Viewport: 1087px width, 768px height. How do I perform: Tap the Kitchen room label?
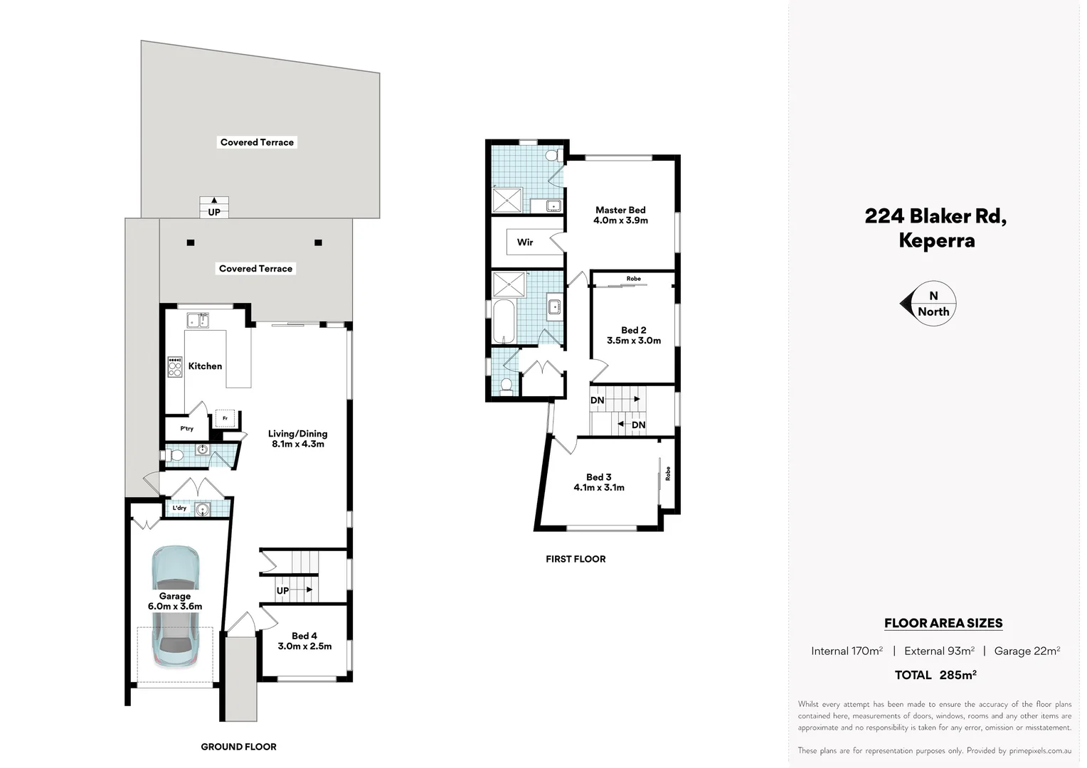tap(205, 366)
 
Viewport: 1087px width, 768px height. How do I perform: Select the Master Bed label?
tap(620, 210)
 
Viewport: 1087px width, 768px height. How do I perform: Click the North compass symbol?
tap(928, 304)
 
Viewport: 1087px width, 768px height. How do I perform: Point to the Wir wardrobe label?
tap(525, 242)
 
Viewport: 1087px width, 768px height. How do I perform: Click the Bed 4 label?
tap(304, 636)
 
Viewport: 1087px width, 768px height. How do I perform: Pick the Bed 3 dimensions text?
tap(599, 488)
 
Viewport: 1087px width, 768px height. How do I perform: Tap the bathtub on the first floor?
tap(504, 321)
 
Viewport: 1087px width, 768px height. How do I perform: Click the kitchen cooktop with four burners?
tap(174, 367)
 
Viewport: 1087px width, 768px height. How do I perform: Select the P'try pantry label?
tap(186, 429)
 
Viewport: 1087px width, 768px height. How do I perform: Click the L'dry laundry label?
tap(179, 508)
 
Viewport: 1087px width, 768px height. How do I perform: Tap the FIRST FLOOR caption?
tap(576, 559)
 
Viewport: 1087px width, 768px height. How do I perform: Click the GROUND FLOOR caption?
tap(238, 747)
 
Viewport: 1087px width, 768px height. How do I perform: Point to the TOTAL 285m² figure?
tap(935, 675)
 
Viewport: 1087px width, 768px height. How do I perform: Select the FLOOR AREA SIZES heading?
tap(943, 623)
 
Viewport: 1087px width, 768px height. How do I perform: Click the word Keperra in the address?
tap(936, 240)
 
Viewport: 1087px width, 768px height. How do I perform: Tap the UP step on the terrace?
tap(214, 208)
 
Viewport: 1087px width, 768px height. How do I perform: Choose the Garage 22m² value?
tap(1027, 651)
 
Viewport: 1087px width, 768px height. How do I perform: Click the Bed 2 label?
tap(633, 330)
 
